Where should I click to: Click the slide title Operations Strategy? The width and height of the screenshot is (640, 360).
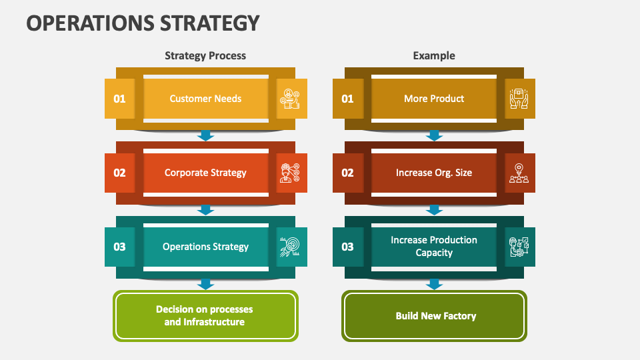pos(143,23)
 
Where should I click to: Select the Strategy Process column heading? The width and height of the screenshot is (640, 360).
pos(205,56)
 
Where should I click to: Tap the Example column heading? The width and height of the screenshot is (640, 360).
pos(434,56)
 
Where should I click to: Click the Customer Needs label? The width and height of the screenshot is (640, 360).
pos(205,99)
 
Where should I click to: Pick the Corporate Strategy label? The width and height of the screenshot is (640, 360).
pos(205,173)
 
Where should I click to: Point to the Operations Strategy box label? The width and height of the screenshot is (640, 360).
pos(205,247)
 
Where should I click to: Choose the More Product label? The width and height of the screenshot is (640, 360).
pos(434,99)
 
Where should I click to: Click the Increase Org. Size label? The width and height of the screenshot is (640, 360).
pos(434,173)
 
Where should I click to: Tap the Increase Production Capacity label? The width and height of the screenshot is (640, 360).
pos(434,247)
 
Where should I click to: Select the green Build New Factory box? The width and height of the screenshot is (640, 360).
pos(435,316)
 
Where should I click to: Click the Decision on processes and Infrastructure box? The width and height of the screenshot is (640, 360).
pos(205,316)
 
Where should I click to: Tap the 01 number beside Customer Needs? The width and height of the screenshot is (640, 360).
pos(119,99)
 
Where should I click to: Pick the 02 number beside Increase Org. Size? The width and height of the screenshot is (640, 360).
pos(347,173)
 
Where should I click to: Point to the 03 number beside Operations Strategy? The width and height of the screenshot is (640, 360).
pos(119,247)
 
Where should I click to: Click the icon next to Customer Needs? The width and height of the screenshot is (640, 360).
pos(291,99)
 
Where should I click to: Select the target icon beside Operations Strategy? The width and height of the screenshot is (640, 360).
pos(291,247)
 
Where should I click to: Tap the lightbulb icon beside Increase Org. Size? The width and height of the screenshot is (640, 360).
pos(519,173)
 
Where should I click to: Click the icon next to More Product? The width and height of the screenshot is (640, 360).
pos(519,99)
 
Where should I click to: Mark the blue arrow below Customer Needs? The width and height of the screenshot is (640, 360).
pos(206,136)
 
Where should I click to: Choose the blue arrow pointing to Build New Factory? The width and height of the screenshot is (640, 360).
pos(435,285)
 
